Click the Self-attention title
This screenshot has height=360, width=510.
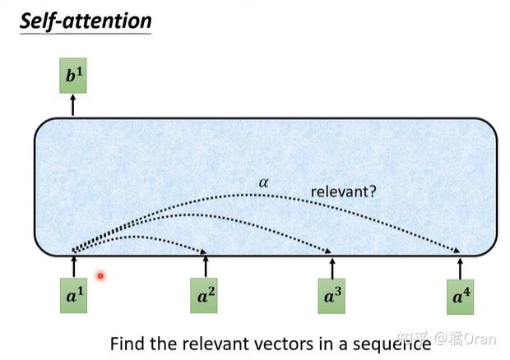(86, 20)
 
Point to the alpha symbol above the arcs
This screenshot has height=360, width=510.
(264, 182)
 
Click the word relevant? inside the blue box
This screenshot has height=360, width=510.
(343, 192)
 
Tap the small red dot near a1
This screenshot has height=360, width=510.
(100, 276)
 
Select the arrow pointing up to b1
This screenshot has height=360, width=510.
(72, 104)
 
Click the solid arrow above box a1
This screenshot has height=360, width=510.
(74, 266)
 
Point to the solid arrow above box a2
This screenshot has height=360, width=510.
(206, 266)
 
